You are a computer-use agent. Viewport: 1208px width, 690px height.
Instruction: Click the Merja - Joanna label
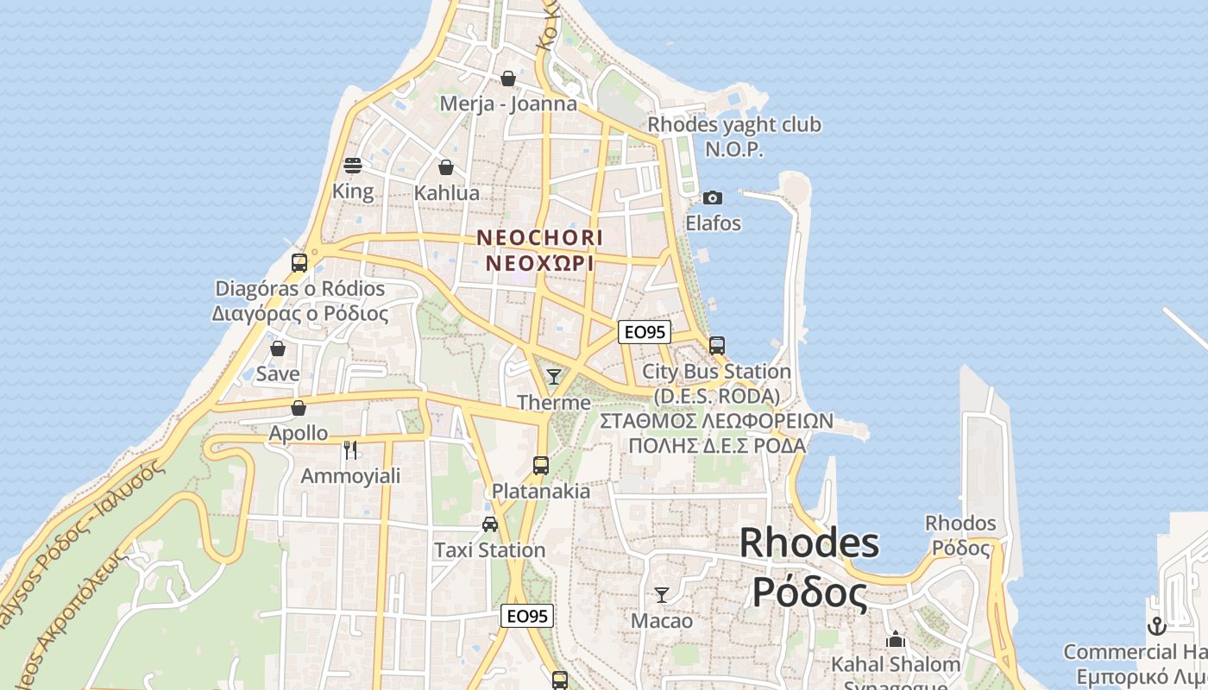coord(508,104)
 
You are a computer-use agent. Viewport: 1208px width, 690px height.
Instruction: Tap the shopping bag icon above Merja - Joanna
coord(508,78)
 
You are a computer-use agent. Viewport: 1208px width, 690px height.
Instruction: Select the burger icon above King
coord(352,165)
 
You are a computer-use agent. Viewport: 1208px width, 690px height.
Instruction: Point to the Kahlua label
coord(446,192)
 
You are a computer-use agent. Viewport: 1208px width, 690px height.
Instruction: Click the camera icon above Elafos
coord(713,198)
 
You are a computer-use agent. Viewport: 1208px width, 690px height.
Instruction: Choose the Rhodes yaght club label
coord(734,125)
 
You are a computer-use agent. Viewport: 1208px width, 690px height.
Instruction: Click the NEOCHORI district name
coord(540,236)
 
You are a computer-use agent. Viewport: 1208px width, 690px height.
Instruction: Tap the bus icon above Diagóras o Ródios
coord(299,263)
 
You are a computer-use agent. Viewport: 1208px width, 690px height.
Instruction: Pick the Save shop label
coord(278,373)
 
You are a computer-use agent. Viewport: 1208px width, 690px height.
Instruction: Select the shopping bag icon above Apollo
coord(299,408)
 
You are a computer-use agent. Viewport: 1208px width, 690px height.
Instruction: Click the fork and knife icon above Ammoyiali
coord(350,449)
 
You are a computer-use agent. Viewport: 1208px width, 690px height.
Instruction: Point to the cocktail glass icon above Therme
coord(554,376)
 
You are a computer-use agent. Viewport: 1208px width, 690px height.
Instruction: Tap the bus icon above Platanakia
coord(541,466)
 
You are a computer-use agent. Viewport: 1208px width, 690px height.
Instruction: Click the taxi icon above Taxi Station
coord(490,524)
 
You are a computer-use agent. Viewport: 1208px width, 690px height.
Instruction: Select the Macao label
coord(662,620)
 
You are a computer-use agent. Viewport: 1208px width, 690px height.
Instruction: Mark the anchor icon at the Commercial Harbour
coord(1157,626)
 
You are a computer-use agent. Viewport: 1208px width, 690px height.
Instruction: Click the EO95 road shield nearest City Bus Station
coord(645,332)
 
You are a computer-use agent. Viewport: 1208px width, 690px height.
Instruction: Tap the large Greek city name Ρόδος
coord(808,593)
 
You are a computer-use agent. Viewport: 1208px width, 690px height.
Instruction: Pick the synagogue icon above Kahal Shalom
coord(896,640)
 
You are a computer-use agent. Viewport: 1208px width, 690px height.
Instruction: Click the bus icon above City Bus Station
coord(717,346)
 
